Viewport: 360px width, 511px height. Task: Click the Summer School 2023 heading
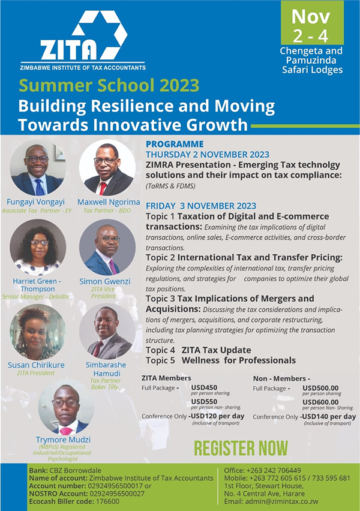(x=109, y=86)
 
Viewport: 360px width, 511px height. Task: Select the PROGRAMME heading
(x=175, y=144)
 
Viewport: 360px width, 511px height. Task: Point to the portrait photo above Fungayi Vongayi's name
(x=38, y=168)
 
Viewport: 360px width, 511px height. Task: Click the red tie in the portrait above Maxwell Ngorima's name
(x=103, y=188)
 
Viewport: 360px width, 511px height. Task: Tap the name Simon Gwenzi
(x=104, y=281)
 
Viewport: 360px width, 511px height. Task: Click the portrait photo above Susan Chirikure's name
(x=38, y=332)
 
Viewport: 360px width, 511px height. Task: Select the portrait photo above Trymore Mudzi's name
(x=66, y=407)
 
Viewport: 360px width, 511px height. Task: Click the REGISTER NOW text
(x=241, y=449)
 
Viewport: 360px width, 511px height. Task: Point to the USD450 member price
(x=204, y=387)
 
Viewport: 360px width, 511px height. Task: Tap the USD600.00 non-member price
(x=320, y=402)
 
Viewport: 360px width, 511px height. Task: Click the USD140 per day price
(x=329, y=416)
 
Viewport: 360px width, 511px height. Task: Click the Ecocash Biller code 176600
(x=74, y=501)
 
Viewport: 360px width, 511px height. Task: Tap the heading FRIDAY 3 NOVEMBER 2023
(x=201, y=206)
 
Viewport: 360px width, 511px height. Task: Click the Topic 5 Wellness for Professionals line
(x=221, y=360)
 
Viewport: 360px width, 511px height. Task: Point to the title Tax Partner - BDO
(x=107, y=211)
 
